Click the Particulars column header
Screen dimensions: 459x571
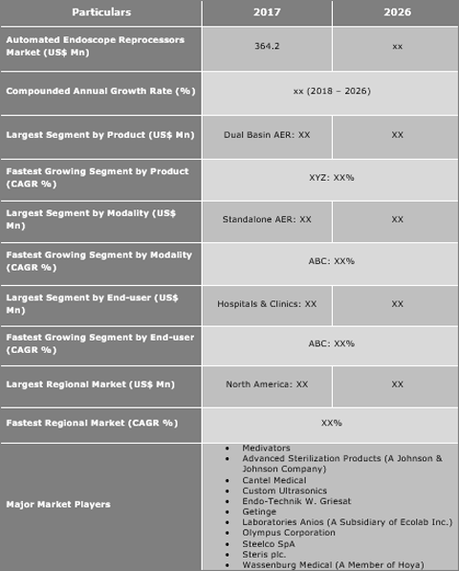[100, 12]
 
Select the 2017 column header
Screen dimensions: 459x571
[266, 12]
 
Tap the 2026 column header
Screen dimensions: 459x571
[397, 12]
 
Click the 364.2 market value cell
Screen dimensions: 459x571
[266, 46]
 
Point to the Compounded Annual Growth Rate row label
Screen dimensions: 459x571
[100, 91]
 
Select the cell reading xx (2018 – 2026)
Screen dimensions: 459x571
[331, 91]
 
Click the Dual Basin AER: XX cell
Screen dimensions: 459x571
[266, 135]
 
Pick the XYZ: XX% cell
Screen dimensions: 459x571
[331, 177]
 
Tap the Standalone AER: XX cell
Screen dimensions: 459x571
[266, 219]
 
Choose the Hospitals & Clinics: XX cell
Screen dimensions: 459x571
[266, 303]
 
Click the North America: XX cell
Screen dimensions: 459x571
[266, 384]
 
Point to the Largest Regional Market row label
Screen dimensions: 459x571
[91, 384]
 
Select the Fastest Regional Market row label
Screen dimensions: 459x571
[92, 422]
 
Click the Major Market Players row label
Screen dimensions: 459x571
[58, 504]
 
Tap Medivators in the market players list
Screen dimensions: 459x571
[266, 448]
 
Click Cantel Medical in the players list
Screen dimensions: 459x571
[275, 479]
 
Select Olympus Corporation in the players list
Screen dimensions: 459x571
[289, 533]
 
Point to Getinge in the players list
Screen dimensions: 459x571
[259, 512]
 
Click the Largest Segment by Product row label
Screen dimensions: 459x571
[100, 135]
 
